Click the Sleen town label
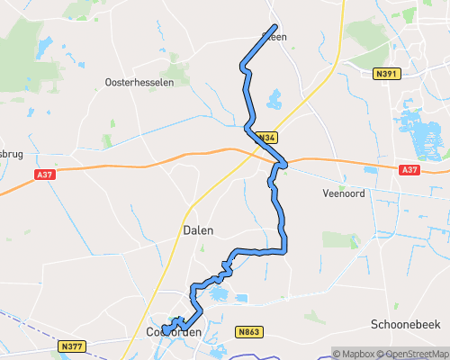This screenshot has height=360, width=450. [x=274, y=38]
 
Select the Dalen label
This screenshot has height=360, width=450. [x=198, y=230]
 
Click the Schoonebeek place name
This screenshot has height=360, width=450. [x=403, y=323]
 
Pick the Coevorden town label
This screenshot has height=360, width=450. [x=171, y=332]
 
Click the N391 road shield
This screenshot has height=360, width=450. [x=386, y=74]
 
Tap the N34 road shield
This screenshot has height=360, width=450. [x=265, y=138]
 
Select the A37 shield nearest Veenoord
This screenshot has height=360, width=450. [x=409, y=169]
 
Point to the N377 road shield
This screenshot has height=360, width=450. [x=71, y=345]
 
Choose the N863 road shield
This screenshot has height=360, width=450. [x=249, y=332]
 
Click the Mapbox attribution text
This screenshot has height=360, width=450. [x=354, y=353]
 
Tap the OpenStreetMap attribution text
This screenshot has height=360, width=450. [x=415, y=353]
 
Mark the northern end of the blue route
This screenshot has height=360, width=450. [x=274, y=26]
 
